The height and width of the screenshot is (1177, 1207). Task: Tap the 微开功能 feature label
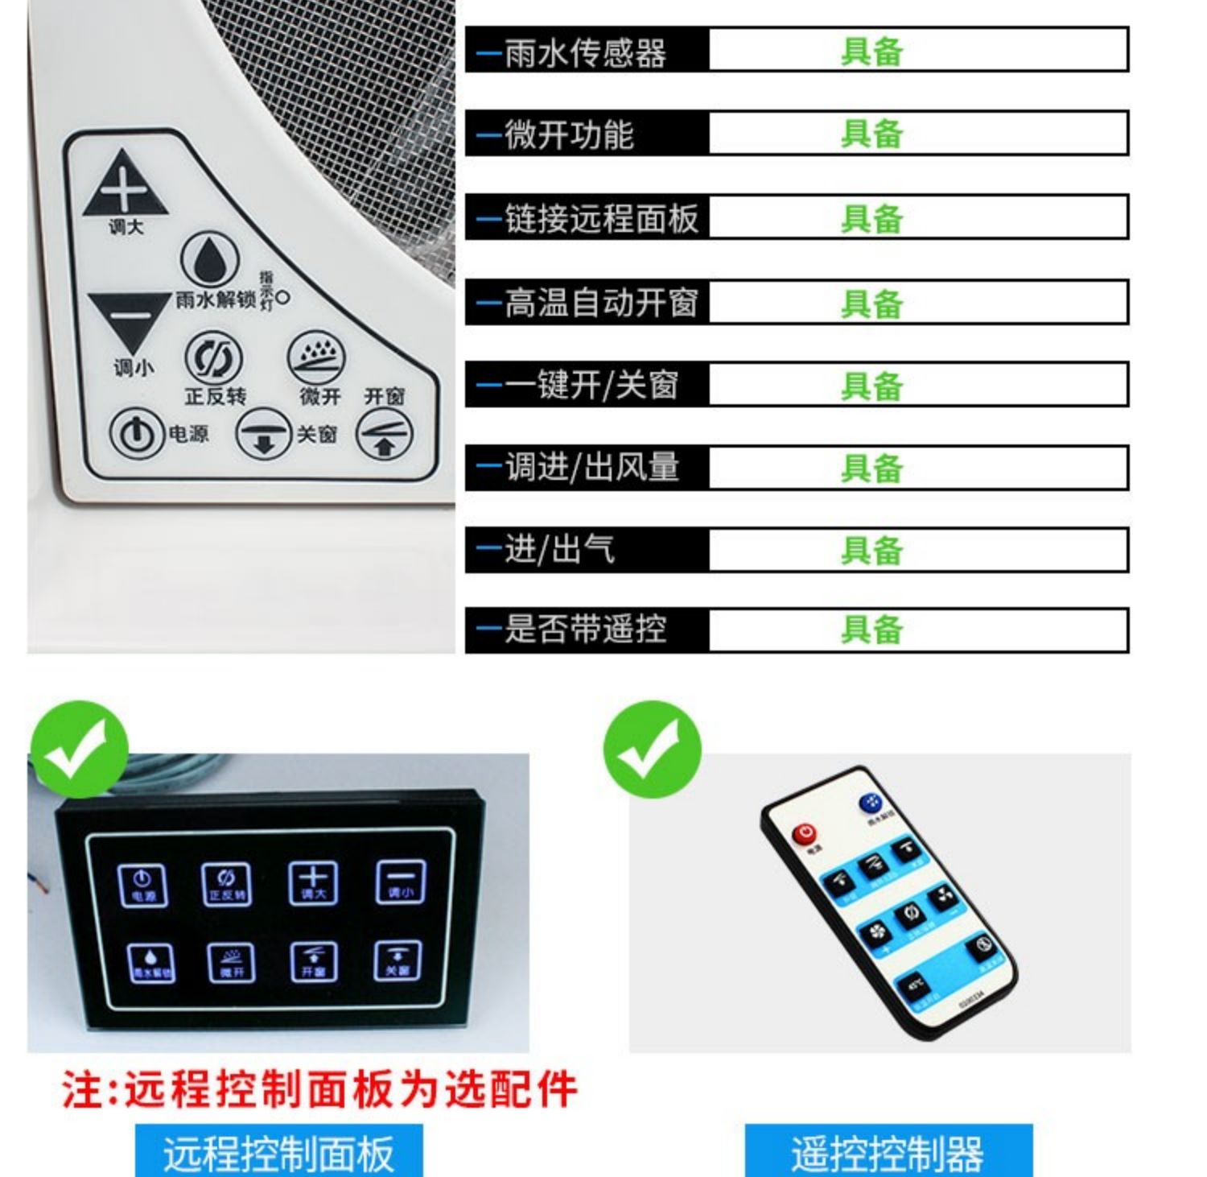(570, 134)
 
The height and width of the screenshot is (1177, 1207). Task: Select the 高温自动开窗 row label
(601, 304)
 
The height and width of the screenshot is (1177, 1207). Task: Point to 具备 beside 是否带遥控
(871, 630)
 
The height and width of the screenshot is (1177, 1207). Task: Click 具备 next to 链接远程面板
(871, 219)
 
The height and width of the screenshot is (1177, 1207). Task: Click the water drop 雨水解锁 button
(209, 259)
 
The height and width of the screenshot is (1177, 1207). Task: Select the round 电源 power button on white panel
(135, 435)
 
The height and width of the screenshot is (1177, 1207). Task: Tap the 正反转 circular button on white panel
(214, 358)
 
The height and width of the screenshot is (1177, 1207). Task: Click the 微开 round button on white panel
(317, 359)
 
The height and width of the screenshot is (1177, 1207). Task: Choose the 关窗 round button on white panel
(262, 434)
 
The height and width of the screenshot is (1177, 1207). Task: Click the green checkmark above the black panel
(78, 750)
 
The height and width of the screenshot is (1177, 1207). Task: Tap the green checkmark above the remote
(652, 750)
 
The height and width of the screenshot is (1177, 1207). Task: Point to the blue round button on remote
(871, 803)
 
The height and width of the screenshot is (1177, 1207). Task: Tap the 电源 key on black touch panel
(142, 885)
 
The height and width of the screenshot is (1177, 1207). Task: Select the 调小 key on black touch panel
(401, 882)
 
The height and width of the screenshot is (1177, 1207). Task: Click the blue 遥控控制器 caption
(888, 1153)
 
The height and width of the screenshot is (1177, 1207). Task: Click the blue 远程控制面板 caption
(278, 1153)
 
